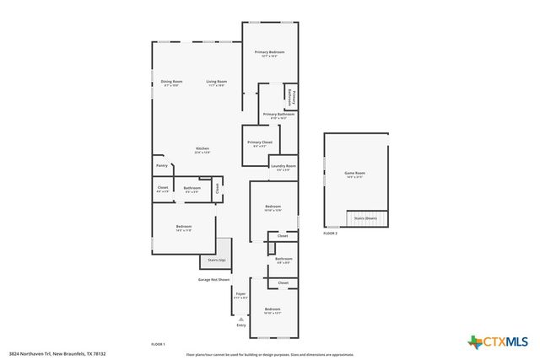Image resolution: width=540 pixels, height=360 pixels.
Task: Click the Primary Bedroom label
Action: [270, 52]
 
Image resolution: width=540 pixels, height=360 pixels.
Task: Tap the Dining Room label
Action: [172, 82]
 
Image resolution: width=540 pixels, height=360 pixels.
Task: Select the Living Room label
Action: [217, 82]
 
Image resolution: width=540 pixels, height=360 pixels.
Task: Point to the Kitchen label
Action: [202, 148]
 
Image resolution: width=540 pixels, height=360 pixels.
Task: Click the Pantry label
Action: [162, 166]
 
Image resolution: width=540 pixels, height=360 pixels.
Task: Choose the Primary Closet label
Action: [260, 143]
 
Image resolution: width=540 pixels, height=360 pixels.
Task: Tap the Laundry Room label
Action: [283, 167]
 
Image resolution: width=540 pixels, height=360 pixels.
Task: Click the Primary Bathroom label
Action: [278, 115]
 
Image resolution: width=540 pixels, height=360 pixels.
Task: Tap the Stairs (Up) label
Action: [217, 261]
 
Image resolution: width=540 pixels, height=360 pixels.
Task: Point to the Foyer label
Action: [240, 295]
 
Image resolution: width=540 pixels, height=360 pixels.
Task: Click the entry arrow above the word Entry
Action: [241, 319]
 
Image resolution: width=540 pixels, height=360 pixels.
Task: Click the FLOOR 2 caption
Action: [330, 233]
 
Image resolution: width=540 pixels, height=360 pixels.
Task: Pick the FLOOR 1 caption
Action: [158, 345]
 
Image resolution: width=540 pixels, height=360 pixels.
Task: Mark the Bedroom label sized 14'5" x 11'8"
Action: [184, 228]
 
